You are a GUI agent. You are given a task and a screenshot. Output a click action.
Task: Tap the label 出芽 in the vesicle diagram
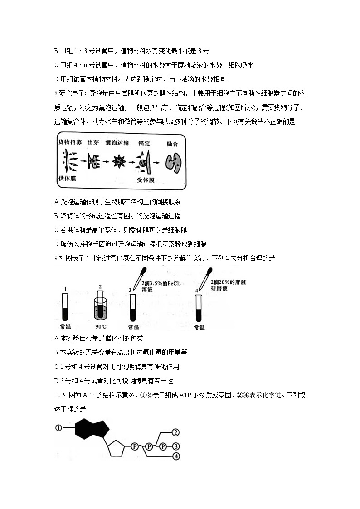tap(93, 143)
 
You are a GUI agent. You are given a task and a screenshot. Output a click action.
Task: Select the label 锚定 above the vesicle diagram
tap(144, 143)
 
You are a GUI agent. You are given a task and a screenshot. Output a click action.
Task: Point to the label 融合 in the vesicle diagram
tap(172, 144)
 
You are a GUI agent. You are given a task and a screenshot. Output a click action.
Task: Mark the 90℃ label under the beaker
tap(101, 326)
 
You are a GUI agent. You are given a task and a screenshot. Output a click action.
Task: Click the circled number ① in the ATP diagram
tap(58, 427)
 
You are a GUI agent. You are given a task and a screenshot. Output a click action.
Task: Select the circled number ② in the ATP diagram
tap(176, 432)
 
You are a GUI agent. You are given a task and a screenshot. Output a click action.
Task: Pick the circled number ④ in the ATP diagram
tap(176, 456)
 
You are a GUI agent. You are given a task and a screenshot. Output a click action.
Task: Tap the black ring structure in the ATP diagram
tap(92, 428)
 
